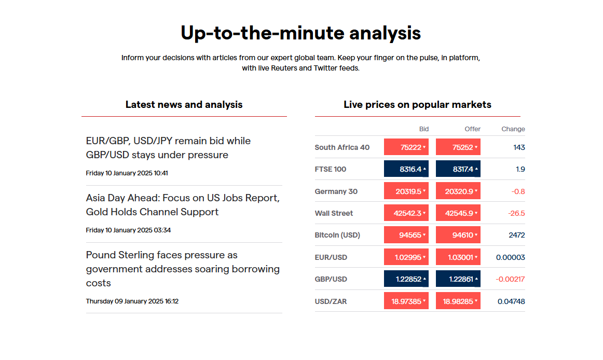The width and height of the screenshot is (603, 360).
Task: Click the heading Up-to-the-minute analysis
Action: click(x=300, y=33)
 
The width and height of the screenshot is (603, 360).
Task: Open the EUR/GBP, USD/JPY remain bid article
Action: click(x=168, y=148)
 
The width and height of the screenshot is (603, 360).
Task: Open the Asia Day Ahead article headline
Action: click(x=183, y=205)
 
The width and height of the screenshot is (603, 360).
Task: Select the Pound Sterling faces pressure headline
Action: click(x=183, y=269)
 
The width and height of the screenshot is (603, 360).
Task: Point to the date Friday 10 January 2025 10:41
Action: click(x=127, y=173)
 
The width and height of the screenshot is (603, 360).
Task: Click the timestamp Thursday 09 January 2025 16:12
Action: click(x=132, y=301)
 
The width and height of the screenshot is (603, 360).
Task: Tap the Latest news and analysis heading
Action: click(x=184, y=105)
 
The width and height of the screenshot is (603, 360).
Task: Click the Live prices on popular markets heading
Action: click(x=417, y=105)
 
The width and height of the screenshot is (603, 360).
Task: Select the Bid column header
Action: click(x=423, y=129)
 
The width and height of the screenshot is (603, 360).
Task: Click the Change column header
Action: click(x=513, y=129)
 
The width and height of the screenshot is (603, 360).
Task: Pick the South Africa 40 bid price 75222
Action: click(x=406, y=147)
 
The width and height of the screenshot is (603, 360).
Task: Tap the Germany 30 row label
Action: click(x=336, y=191)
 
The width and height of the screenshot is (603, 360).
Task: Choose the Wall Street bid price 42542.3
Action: click(x=406, y=213)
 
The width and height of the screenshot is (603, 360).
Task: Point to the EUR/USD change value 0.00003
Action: click(x=510, y=257)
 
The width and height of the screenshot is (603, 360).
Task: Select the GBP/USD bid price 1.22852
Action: click(x=406, y=279)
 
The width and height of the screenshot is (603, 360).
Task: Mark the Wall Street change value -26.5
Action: click(x=517, y=213)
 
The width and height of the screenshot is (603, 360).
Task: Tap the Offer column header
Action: click(x=472, y=129)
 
